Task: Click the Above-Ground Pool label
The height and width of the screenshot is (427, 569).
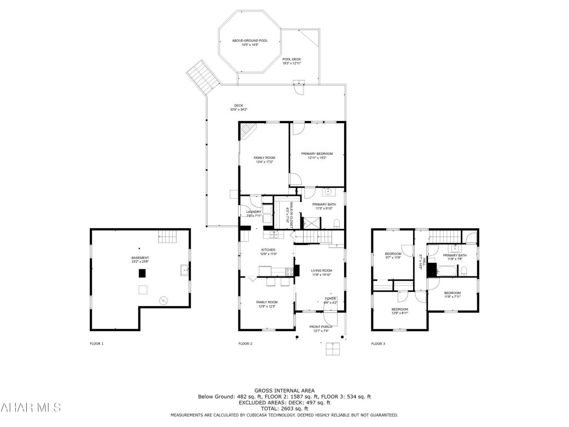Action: click(249, 41)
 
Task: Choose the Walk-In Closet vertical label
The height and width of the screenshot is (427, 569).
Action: click(292, 215)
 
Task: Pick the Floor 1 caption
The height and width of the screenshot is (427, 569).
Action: click(96, 344)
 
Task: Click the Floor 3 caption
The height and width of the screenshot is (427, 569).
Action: click(378, 344)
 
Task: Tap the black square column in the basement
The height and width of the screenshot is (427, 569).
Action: click(142, 273)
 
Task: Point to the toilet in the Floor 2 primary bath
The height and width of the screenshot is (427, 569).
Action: click(336, 223)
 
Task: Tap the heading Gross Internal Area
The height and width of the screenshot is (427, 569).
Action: click(284, 390)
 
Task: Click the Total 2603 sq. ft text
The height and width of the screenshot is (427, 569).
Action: click(284, 408)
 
